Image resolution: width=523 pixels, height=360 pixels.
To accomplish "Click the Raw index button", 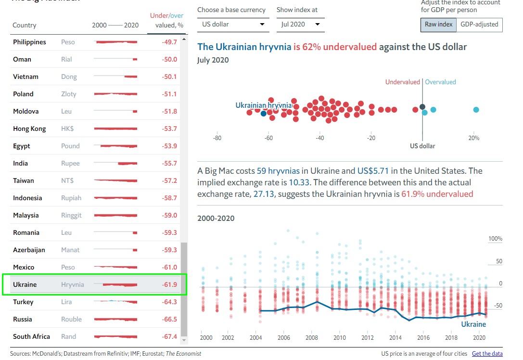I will (x=438, y=25).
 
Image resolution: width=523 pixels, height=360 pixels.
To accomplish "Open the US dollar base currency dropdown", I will (x=233, y=25).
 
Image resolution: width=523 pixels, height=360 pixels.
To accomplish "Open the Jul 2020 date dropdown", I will (x=299, y=25).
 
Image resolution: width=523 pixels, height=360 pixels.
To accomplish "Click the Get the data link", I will (x=487, y=354).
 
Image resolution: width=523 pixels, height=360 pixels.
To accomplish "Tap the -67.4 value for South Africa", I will (x=169, y=336).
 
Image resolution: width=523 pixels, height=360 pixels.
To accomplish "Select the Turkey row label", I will (x=23, y=302).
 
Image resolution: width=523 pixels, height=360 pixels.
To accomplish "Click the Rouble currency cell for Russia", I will (x=71, y=319).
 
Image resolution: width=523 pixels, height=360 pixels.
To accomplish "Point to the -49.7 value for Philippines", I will (x=169, y=42).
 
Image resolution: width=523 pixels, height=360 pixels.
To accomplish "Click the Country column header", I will (x=24, y=25).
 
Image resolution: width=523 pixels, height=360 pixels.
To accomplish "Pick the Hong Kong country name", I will (x=29, y=129).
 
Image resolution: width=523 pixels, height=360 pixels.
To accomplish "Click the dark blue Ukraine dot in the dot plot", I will (x=263, y=114).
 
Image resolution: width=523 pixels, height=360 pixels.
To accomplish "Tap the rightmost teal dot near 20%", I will (x=476, y=110).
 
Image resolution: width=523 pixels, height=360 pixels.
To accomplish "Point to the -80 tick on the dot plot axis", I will (x=217, y=138).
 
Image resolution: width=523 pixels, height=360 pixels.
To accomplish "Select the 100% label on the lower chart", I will (x=495, y=239).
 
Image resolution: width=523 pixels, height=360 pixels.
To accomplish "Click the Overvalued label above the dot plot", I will (x=440, y=82).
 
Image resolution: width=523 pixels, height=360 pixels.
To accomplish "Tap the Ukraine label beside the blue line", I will (x=473, y=324).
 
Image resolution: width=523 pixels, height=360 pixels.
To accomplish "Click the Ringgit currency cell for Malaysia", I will (x=71, y=215).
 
